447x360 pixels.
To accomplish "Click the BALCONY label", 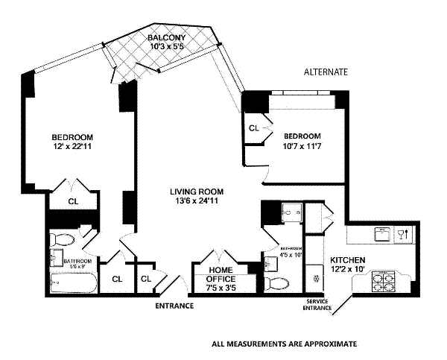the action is [x=165, y=38].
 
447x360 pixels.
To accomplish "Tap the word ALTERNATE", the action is [x=326, y=72].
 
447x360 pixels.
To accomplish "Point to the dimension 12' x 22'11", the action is [x=72, y=148].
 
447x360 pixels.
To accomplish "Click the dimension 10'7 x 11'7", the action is [x=302, y=146].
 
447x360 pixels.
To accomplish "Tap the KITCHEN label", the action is [x=347, y=261].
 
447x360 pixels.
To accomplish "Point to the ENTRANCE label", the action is [x=174, y=306].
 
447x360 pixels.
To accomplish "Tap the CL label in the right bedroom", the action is [x=254, y=128].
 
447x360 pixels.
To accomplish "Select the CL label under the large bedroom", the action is [x=74, y=201].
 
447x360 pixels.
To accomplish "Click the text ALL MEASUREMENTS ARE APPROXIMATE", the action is [x=285, y=344].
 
